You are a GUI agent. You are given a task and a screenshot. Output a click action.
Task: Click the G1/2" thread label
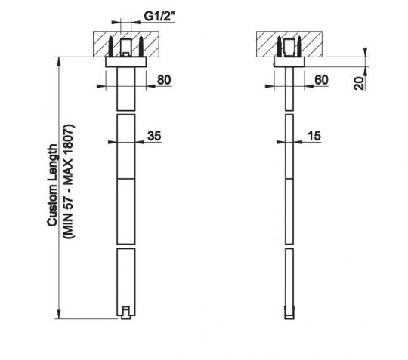(159, 17)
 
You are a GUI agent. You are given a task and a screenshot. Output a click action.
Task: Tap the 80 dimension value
(164, 79)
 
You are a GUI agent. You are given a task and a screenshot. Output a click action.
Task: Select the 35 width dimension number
(154, 136)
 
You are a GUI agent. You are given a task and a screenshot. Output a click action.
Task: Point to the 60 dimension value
(321, 80)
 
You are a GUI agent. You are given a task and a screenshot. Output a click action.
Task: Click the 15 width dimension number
(314, 136)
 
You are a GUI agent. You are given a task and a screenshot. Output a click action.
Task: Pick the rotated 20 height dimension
(359, 83)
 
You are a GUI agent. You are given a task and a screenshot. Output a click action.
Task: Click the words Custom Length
(52, 186)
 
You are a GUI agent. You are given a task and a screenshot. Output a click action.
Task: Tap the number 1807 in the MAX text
(69, 139)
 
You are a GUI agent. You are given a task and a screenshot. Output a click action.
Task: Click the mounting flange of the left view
(126, 62)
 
